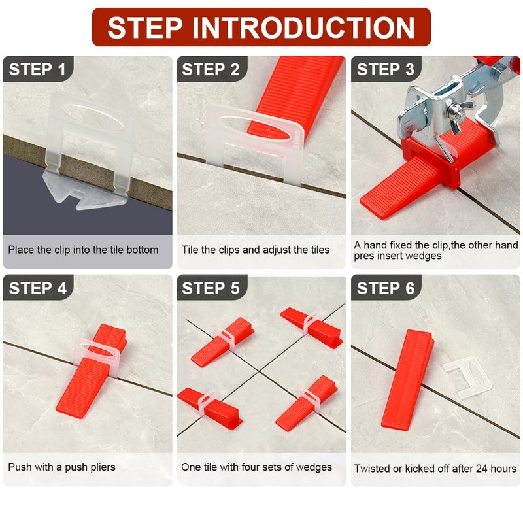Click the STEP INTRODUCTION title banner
click(x=261, y=27)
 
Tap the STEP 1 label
click(x=37, y=69)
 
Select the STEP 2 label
click(x=211, y=69)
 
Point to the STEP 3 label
click(x=386, y=69)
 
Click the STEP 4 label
click(x=38, y=288)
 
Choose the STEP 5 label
click(x=211, y=288)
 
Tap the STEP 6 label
click(x=386, y=288)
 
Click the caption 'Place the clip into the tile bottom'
click(x=84, y=250)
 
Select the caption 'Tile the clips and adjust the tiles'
click(x=256, y=250)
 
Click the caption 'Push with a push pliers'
click(x=61, y=467)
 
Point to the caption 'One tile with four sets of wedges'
click(x=256, y=467)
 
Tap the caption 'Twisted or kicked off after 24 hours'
click(x=435, y=469)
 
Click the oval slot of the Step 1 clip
click(x=93, y=118)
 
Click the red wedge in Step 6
click(x=407, y=380)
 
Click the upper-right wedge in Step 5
click(x=312, y=327)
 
